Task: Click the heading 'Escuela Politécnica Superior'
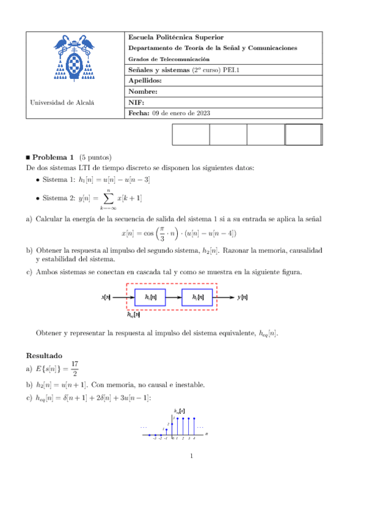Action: [x=172, y=37]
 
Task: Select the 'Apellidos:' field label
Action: [x=145, y=80]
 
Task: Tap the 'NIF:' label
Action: [x=136, y=102]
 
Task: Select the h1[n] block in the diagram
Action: [x=150, y=297]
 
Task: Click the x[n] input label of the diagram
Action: [x=106, y=297]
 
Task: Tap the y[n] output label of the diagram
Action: [x=243, y=297]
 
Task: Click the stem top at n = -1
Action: [x=166, y=429]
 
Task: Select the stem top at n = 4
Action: [x=195, y=419]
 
